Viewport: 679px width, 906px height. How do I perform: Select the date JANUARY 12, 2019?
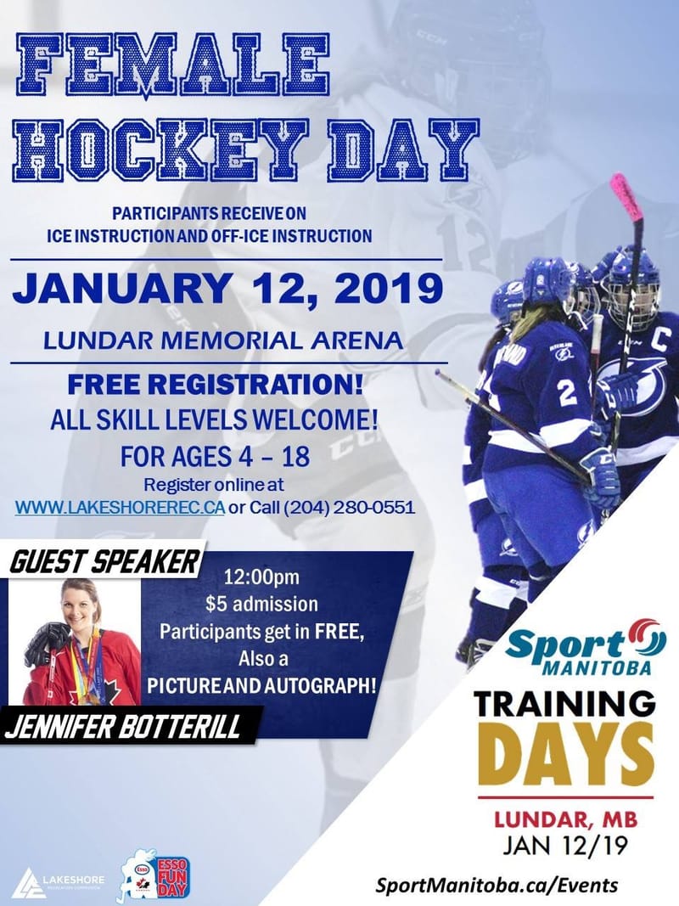click(x=227, y=289)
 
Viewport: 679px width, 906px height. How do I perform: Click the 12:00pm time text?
click(x=262, y=581)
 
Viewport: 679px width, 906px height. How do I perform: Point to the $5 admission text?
click(x=262, y=605)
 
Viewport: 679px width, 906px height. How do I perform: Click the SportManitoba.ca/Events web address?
click(x=497, y=885)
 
